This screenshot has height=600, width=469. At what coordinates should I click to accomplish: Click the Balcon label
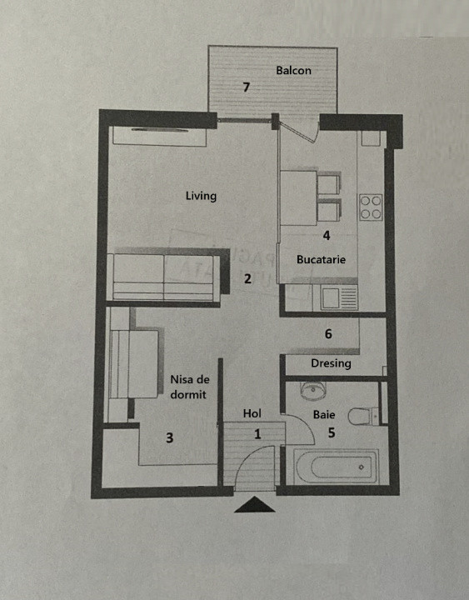tap(293, 70)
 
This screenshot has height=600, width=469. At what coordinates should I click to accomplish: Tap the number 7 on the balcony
tap(247, 87)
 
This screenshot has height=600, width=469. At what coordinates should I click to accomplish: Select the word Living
tap(201, 196)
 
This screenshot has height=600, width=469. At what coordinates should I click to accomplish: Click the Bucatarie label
tap(321, 259)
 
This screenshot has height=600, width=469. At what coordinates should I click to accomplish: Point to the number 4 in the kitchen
tap(327, 235)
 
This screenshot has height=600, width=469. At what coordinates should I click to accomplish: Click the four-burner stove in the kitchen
tap(371, 207)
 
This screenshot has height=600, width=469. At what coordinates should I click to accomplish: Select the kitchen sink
tap(336, 298)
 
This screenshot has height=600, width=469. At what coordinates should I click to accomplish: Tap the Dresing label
tap(331, 363)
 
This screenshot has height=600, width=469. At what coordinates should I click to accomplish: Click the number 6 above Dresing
tap(328, 334)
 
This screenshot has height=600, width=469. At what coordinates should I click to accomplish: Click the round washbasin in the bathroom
tap(313, 390)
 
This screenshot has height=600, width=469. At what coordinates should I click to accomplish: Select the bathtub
tap(336, 467)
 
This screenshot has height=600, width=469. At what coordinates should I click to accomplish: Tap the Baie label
tap(324, 414)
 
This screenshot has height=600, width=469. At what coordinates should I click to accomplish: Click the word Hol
tap(252, 413)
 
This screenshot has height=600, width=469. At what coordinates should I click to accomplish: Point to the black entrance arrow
tap(254, 504)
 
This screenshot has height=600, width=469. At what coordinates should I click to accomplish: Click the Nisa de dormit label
tap(190, 387)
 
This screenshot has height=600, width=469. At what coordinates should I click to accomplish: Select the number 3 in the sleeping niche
tap(169, 437)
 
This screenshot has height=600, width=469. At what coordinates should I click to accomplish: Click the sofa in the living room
tap(167, 274)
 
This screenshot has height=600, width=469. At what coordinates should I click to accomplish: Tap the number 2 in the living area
tap(248, 278)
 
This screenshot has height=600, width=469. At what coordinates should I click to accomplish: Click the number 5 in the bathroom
tap(332, 432)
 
